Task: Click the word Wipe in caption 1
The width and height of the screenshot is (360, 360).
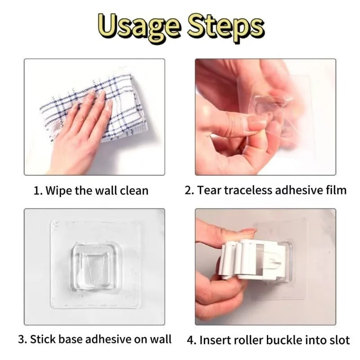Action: point(60,190)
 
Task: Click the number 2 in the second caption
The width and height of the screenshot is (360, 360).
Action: point(189,190)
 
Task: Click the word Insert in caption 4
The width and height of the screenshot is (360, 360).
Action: point(215,340)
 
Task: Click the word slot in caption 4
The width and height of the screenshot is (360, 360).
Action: point(339,340)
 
